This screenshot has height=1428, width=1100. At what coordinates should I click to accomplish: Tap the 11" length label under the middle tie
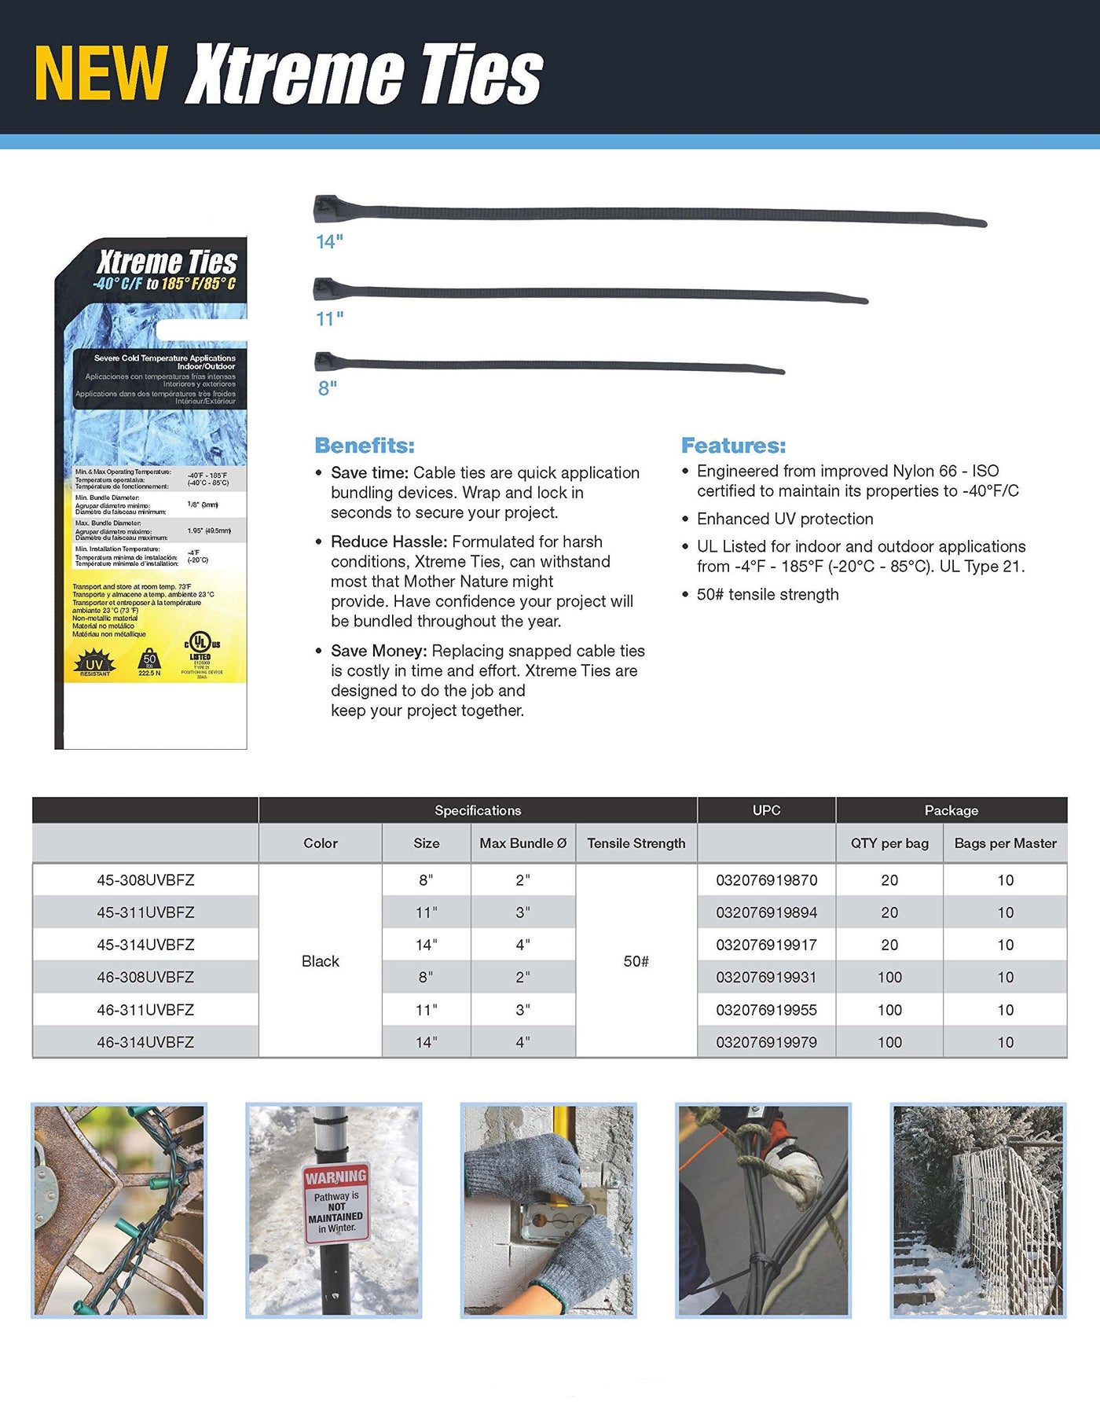(x=330, y=319)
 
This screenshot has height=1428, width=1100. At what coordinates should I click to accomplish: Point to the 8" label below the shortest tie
(x=328, y=388)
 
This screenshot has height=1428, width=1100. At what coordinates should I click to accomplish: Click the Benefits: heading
(x=364, y=446)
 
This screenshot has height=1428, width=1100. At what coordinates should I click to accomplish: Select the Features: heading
(x=733, y=446)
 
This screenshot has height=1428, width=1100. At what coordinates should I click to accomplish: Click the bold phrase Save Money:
(x=379, y=651)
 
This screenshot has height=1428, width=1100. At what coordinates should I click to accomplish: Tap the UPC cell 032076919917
(x=766, y=945)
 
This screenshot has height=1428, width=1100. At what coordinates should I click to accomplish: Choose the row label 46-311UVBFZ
(x=145, y=1009)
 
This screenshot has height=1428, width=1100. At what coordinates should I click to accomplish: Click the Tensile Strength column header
(x=636, y=843)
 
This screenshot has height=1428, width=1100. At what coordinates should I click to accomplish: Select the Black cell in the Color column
(x=321, y=961)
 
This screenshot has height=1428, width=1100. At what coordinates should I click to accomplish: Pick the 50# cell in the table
(x=636, y=961)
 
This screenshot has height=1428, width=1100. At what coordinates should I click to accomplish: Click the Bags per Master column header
(x=1005, y=843)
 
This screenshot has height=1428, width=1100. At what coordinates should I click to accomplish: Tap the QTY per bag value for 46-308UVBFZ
(x=889, y=977)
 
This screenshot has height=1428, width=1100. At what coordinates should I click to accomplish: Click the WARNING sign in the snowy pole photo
(x=336, y=1203)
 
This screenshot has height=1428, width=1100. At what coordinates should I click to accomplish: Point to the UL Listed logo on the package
(x=202, y=649)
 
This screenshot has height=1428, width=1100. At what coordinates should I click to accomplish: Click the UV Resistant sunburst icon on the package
(x=94, y=663)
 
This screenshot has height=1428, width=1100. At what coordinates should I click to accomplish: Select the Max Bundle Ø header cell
(x=522, y=843)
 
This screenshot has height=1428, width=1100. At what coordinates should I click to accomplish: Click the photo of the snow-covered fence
(x=977, y=1210)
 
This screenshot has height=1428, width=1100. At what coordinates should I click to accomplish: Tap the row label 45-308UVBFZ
(x=145, y=880)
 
